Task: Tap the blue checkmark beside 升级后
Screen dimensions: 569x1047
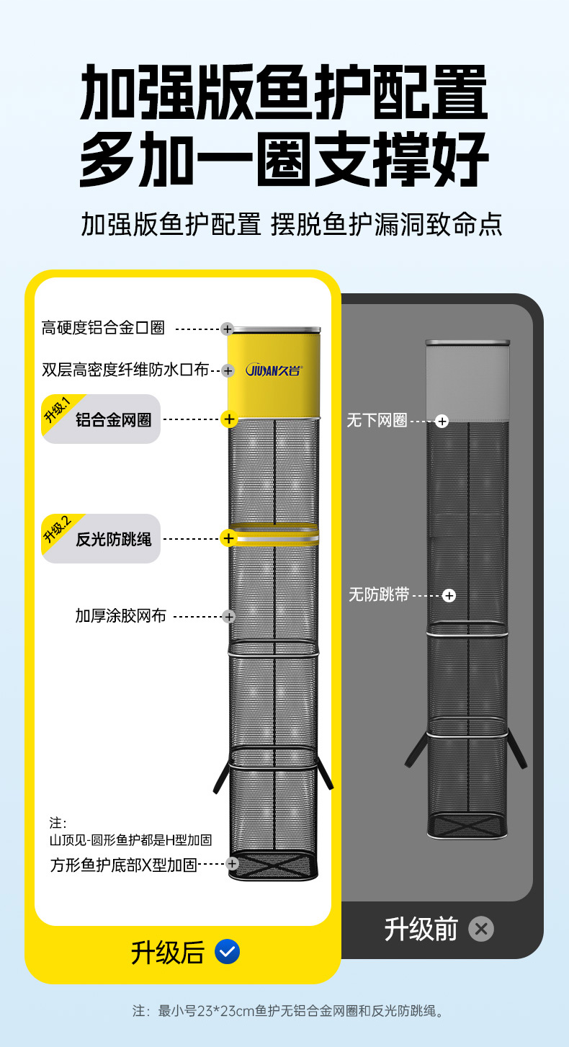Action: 228,952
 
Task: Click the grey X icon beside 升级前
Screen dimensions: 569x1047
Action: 481,929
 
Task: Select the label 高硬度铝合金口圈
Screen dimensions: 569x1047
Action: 103,328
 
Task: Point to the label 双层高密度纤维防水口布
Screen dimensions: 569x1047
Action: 125,370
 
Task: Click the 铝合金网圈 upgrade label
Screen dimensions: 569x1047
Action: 113,420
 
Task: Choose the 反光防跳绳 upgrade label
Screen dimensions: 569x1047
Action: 113,539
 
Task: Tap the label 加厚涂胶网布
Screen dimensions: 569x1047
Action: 120,616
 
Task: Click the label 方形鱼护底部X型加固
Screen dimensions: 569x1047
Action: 123,865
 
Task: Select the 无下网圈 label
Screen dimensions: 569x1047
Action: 377,421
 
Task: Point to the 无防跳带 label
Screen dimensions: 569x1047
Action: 379,595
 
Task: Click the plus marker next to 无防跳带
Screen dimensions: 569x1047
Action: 449,596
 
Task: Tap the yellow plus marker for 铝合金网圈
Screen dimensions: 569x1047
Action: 229,419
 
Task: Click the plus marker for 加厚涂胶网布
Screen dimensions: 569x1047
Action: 229,617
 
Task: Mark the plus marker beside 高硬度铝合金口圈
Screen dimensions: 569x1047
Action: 227,329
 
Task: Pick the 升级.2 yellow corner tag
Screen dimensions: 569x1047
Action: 58,530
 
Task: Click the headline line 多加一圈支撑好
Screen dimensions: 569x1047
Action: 284,160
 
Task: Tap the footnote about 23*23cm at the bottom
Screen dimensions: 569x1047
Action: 288,1011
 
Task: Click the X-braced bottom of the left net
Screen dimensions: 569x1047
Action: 273,865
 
